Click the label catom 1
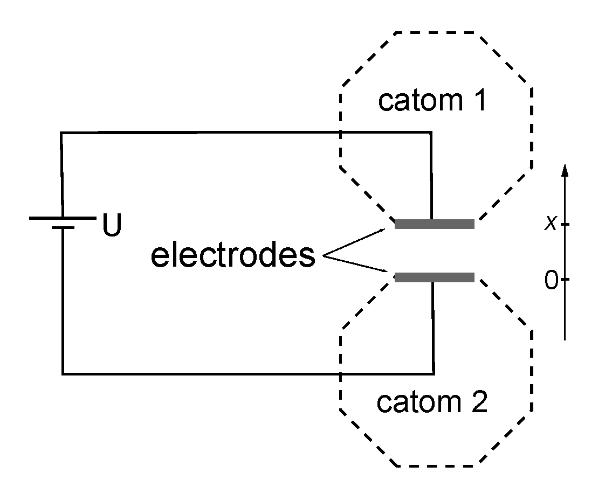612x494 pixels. tap(432, 101)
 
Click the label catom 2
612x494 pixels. tap(432, 402)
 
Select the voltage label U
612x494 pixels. tap(112, 226)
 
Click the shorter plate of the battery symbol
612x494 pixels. tap(63, 228)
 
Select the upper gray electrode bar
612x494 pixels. tap(434, 224)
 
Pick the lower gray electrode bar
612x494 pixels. tap(434, 277)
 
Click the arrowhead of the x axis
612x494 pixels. tap(565, 170)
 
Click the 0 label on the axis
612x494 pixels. tap(551, 281)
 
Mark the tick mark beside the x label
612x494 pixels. tap(565, 224)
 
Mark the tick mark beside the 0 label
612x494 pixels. tap(565, 280)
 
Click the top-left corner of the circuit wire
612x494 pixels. tap(61, 133)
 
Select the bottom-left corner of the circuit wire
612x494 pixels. tap(63, 373)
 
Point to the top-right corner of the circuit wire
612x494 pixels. tap(430, 132)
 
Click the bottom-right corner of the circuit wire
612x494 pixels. tap(433, 373)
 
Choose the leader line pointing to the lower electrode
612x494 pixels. tap(355, 266)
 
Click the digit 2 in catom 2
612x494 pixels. tap(478, 402)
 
